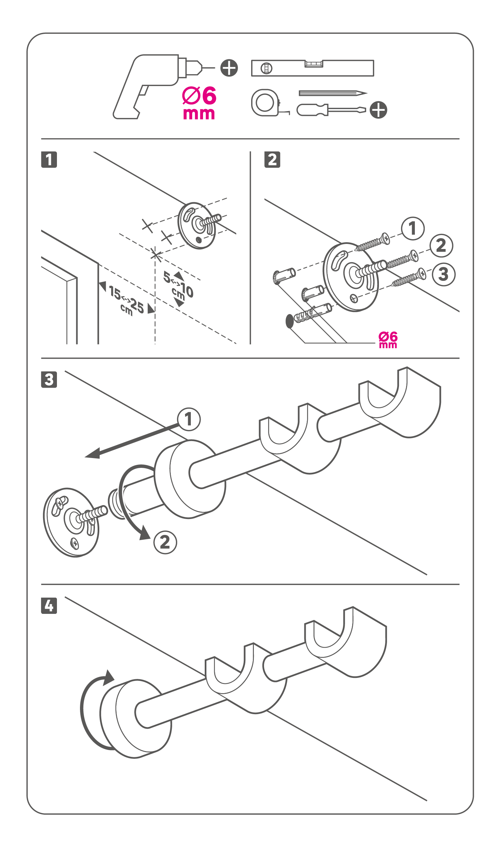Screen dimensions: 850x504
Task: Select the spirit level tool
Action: point(313,68)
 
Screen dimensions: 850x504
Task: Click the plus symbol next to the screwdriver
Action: point(378,110)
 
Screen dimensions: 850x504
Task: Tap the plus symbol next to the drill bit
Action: point(229,68)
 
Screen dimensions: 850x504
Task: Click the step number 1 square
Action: point(49,160)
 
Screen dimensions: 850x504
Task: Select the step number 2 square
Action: point(272,160)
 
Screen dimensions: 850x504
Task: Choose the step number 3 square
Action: point(49,379)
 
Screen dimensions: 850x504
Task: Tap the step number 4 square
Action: point(49,606)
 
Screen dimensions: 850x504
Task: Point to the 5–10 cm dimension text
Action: point(179,286)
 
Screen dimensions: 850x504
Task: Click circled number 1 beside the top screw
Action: point(412,229)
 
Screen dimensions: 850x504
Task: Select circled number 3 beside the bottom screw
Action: point(443,274)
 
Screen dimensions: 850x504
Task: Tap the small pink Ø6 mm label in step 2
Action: point(388,340)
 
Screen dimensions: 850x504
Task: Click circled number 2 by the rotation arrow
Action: point(165,542)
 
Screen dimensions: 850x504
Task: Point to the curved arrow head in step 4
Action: point(109,678)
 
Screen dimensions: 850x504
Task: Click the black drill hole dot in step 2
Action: point(290,321)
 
